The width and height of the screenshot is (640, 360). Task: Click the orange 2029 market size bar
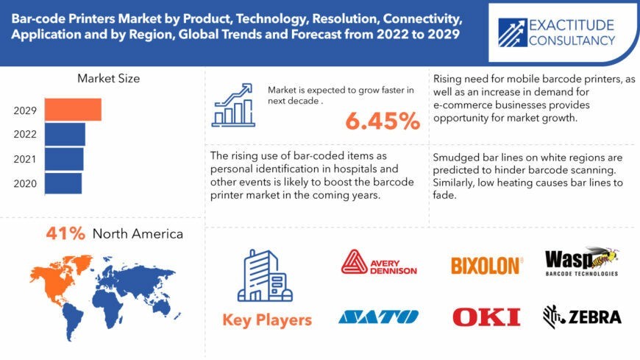73,110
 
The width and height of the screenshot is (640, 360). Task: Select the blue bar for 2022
65,135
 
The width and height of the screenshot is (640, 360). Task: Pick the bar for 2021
64,159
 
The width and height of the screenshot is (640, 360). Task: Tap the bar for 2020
63,183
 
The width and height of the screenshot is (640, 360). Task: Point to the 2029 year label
25,110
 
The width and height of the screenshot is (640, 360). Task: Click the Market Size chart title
109,79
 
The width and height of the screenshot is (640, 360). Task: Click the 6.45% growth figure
383,121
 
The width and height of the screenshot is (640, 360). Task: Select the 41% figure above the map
65,233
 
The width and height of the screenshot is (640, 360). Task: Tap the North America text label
138,233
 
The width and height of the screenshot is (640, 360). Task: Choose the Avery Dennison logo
379,262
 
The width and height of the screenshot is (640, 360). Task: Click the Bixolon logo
486,266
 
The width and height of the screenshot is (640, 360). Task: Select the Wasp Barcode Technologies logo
582,261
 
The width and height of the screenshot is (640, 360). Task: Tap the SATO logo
378,317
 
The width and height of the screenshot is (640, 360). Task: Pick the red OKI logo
486,317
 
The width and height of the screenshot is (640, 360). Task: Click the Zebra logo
582,317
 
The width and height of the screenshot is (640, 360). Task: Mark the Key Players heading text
267,320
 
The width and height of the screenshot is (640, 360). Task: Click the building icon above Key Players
265,275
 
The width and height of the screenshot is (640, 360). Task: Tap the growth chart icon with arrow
233,105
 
